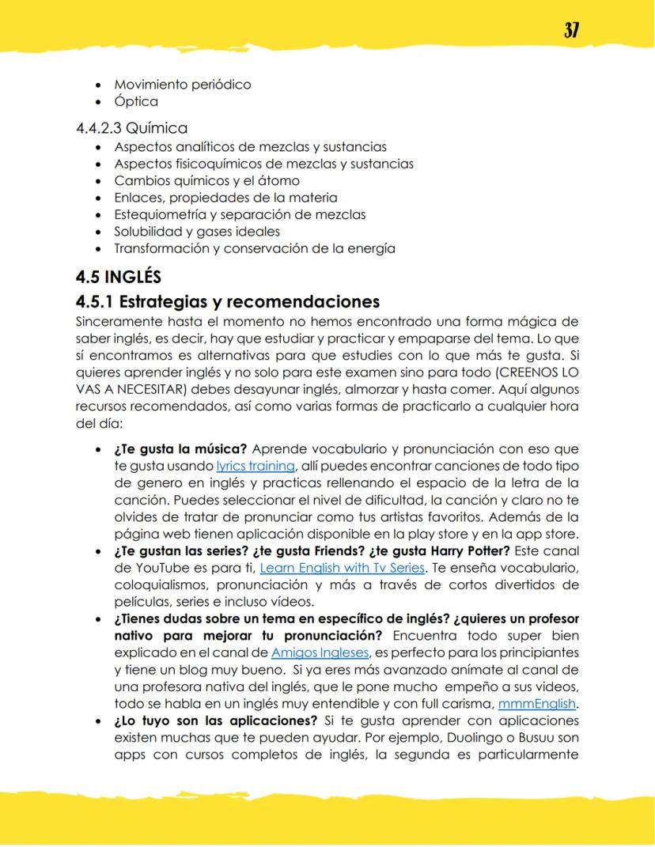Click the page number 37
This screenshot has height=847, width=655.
[571, 31]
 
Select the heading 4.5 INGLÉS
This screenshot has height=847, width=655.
[119, 277]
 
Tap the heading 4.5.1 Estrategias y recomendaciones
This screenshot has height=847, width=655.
[228, 301]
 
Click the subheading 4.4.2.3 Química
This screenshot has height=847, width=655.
[131, 127]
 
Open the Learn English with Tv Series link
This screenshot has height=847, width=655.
[343, 567]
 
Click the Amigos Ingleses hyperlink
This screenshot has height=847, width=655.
[320, 652]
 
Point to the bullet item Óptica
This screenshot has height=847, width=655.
[136, 101]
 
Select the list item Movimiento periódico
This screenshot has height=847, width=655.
[182, 84]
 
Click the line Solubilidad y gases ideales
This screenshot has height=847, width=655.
[197, 231]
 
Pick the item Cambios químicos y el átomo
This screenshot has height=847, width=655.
[206, 180]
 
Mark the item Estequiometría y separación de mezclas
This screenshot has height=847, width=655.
[240, 214]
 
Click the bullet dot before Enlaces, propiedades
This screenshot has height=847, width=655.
[97, 198]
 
